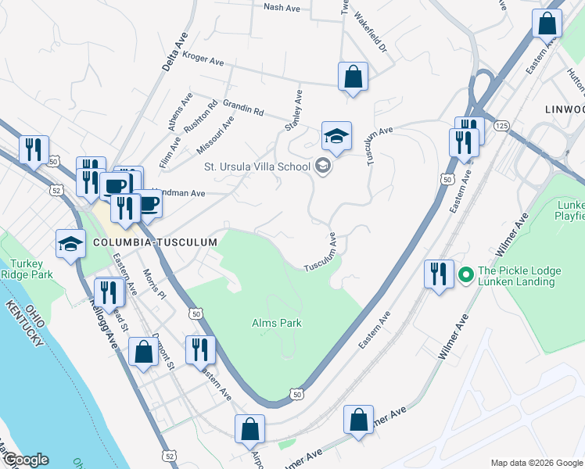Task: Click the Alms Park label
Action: click(x=276, y=322)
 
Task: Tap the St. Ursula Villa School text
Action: click(x=257, y=166)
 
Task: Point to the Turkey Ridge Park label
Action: click(x=26, y=269)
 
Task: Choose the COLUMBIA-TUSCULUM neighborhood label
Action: click(x=154, y=243)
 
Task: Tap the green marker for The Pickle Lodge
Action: click(x=465, y=274)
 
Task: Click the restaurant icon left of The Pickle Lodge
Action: click(x=437, y=274)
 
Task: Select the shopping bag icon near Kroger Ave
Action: click(x=353, y=77)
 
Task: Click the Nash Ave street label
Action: click(x=282, y=7)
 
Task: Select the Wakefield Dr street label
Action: click(x=370, y=32)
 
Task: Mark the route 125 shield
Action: click(x=501, y=125)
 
